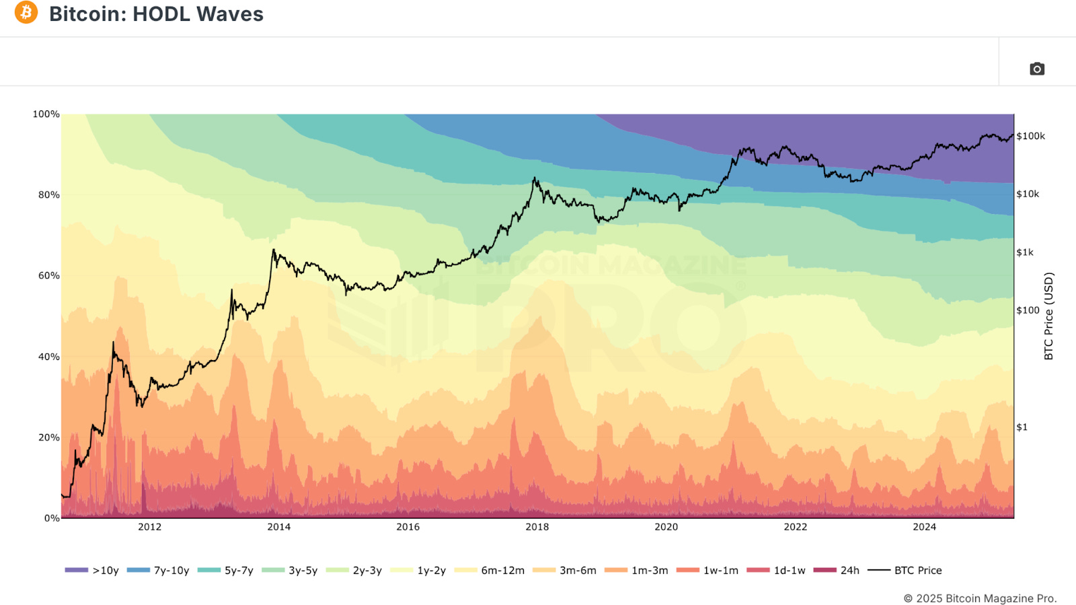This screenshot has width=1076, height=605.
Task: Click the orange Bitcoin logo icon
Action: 26,12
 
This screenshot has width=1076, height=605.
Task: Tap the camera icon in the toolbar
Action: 1037,69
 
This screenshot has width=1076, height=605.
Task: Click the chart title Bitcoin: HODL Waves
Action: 156,14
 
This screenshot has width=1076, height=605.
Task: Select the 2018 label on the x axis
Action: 537,527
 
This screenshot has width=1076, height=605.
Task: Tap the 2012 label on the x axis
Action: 149,527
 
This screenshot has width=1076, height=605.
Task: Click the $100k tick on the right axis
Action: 1030,136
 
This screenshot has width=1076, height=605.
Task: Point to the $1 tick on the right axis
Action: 1022,427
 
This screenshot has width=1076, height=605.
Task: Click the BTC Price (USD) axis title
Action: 1048,316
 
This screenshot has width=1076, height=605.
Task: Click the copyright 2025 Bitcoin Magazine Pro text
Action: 980,598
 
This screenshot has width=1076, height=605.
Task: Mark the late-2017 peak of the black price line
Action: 535,178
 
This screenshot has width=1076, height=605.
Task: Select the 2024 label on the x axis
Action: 924,527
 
